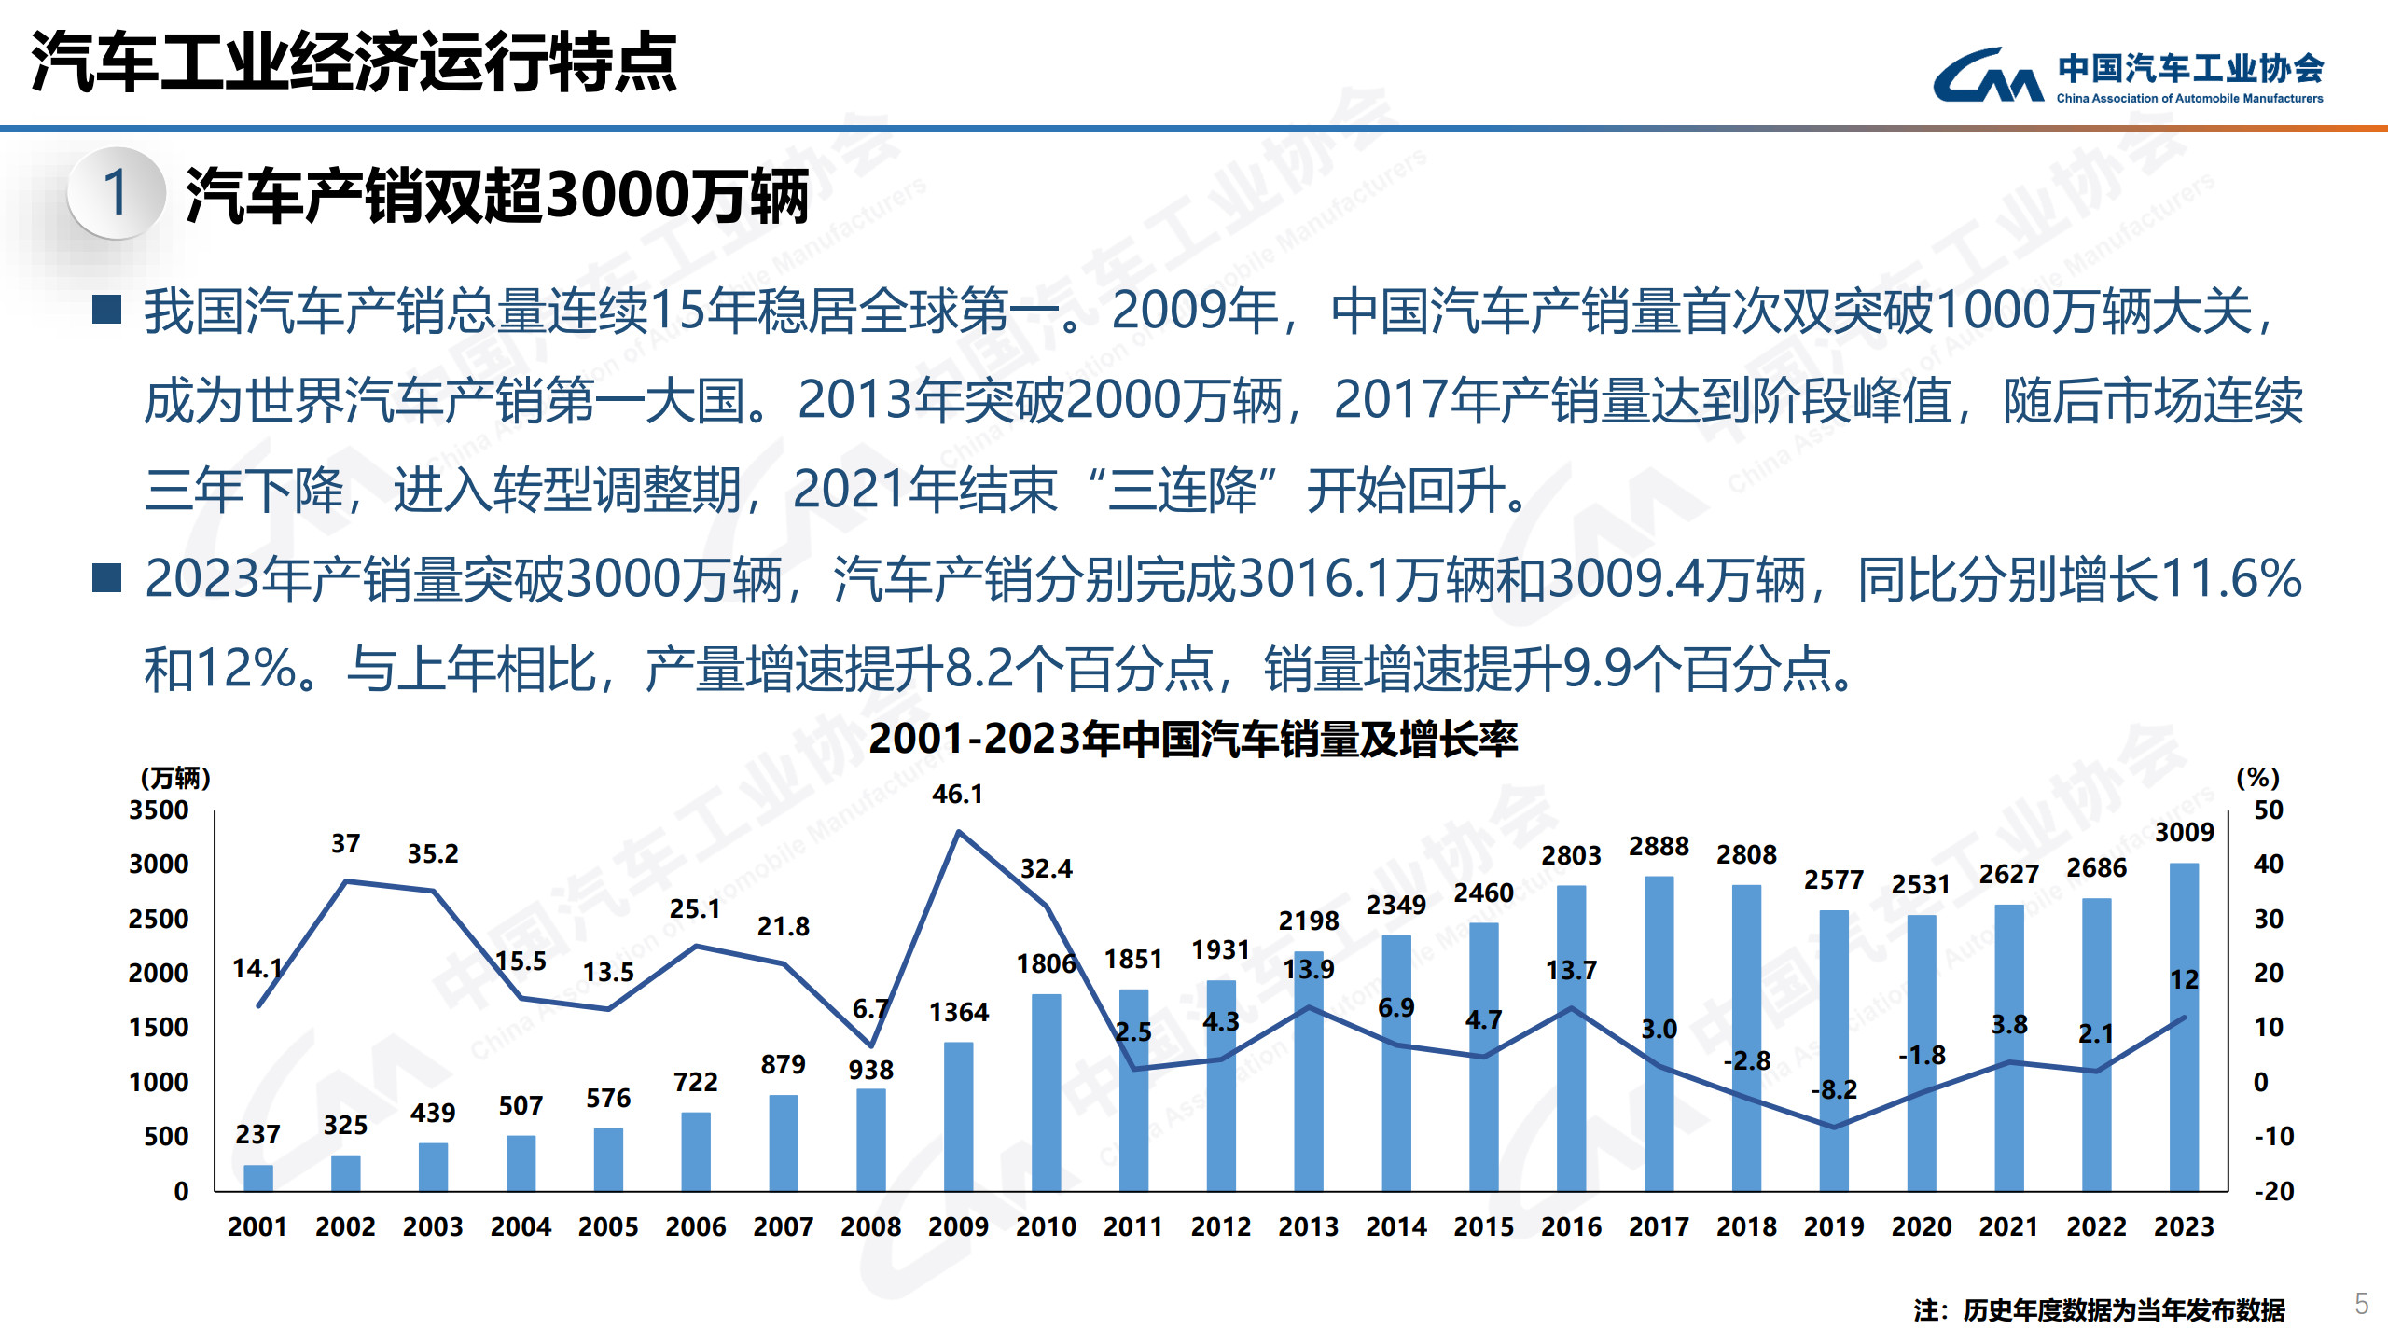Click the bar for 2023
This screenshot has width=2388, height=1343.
pyautogui.click(x=2184, y=1026)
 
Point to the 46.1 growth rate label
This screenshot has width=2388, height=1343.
pyautogui.click(x=957, y=795)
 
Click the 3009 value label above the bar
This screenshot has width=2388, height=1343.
pyautogui.click(x=2184, y=832)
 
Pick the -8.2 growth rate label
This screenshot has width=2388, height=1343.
pyautogui.click(x=1834, y=1089)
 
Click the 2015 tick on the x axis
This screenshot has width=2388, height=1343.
pyautogui.click(x=1483, y=1226)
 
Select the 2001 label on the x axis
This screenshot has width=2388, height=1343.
pyautogui.click(x=257, y=1226)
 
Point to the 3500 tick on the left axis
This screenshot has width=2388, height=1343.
pyautogui.click(x=159, y=810)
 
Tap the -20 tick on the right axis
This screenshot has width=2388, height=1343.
pyautogui.click(x=2273, y=1191)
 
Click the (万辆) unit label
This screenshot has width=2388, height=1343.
pyautogui.click(x=175, y=778)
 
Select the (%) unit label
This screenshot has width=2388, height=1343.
pyautogui.click(x=2257, y=778)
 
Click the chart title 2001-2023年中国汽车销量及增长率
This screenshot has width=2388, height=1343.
pyautogui.click(x=1193, y=739)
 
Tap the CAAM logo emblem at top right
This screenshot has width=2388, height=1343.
pyautogui.click(x=1987, y=75)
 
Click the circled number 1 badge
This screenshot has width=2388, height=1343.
pyautogui.click(x=117, y=193)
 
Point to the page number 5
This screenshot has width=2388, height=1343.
pyautogui.click(x=2361, y=1303)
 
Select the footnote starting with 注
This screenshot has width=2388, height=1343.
pyautogui.click(x=2099, y=1310)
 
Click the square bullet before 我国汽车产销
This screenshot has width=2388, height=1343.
pyautogui.click(x=107, y=310)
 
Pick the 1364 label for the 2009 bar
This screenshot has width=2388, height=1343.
pyautogui.click(x=958, y=1012)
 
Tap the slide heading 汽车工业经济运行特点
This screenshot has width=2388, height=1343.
pyautogui.click(x=354, y=62)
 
